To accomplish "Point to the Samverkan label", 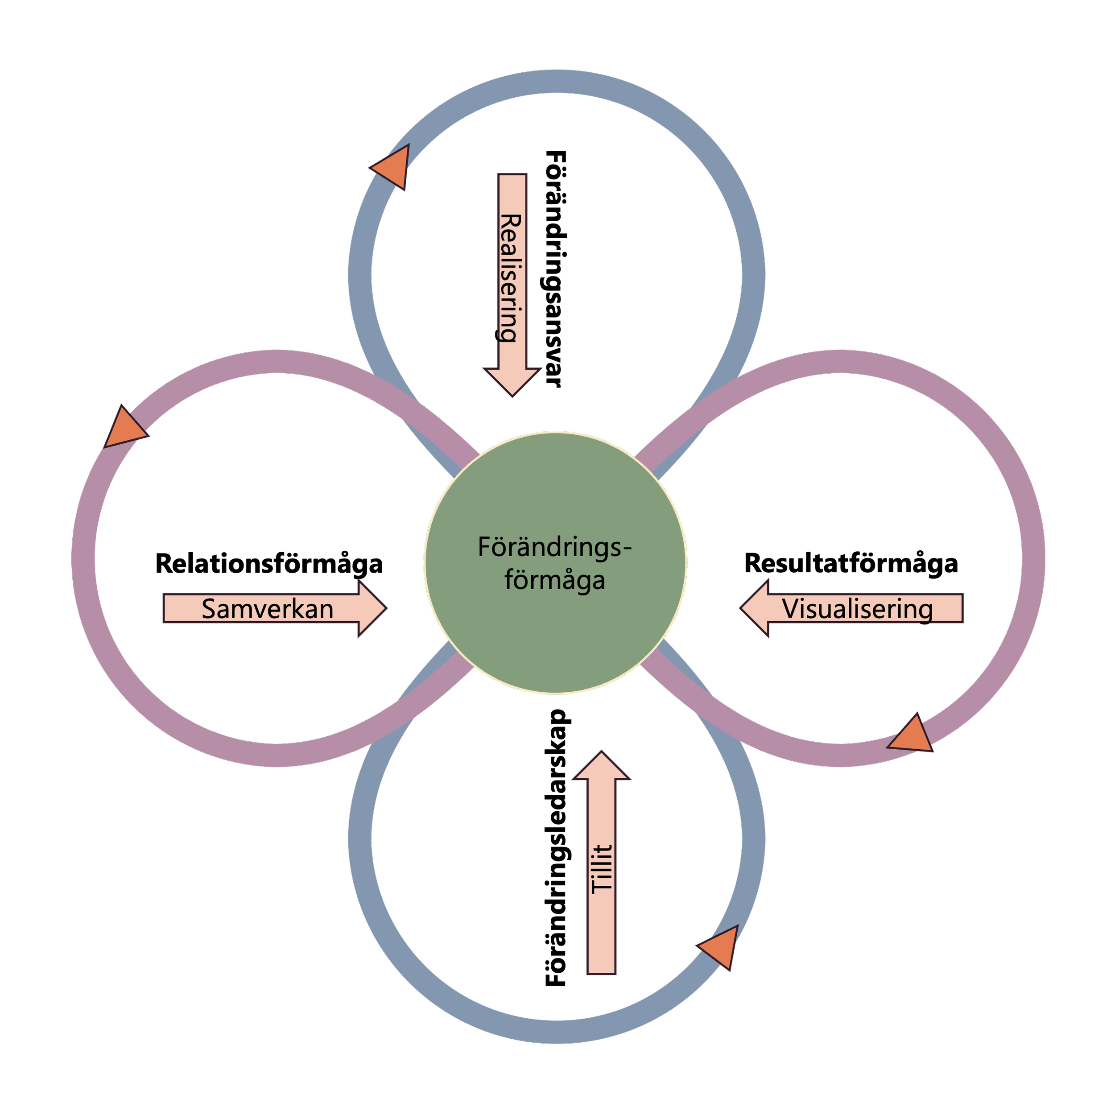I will click(267, 609).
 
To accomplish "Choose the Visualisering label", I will click(857, 609).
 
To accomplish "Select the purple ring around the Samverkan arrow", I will click(84, 557).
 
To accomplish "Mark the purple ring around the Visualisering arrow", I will click(1032, 557).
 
